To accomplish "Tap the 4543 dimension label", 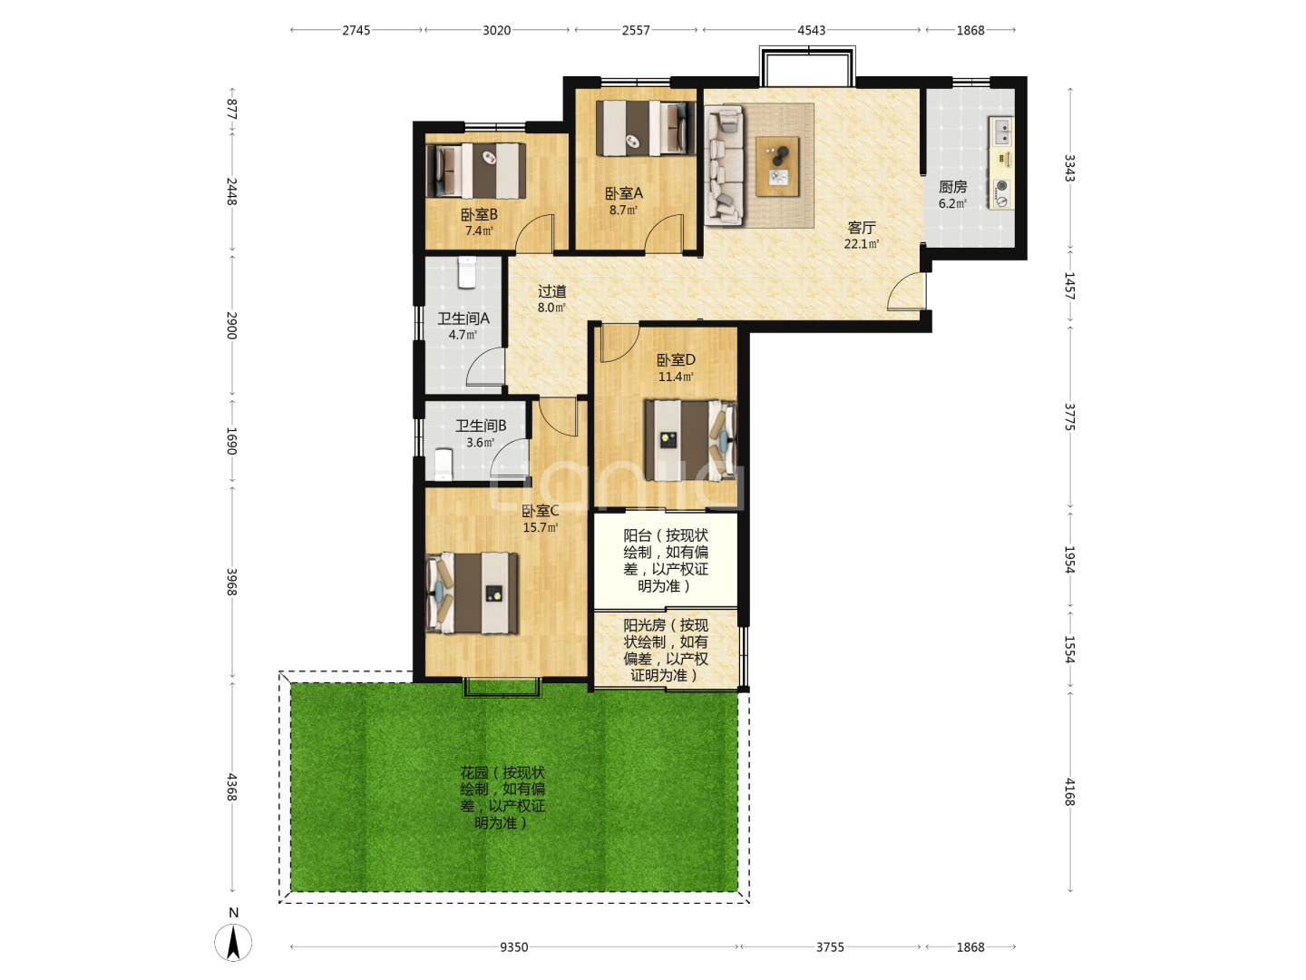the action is (x=811, y=30).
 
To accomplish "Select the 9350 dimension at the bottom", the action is (x=513, y=946).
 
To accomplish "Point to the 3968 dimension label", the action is (x=232, y=582).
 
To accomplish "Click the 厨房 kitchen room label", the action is (x=952, y=187).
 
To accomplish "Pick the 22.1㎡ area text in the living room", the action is (x=861, y=243).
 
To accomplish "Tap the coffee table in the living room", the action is (x=777, y=166).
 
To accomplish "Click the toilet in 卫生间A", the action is (x=467, y=272).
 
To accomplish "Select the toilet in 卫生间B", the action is (x=443, y=465).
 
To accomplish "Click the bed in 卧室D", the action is (x=691, y=440).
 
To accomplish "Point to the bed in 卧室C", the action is (x=472, y=593).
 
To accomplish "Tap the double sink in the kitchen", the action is (x=1002, y=132).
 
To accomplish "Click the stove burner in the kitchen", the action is (x=1002, y=186).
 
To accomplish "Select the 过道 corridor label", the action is (x=551, y=291).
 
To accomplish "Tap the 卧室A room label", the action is (x=624, y=193).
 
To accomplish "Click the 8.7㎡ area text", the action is (x=623, y=210).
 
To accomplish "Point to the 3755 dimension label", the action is (x=830, y=946).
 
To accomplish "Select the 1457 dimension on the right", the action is (x=1069, y=286).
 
